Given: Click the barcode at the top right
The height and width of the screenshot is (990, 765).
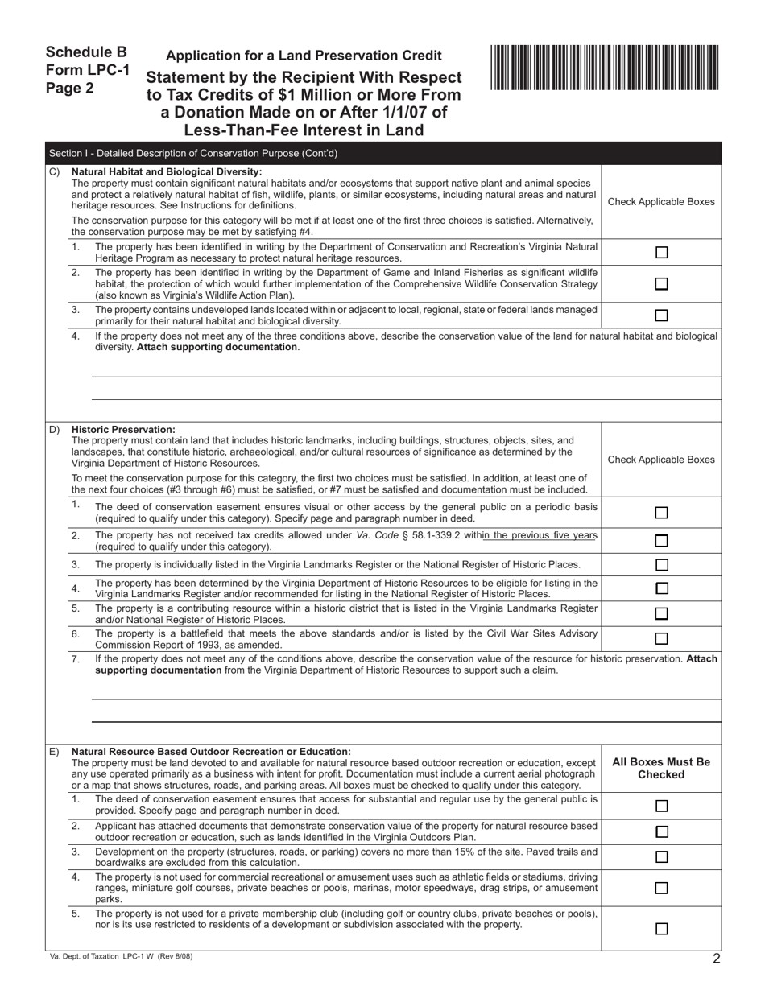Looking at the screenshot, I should (x=605, y=68).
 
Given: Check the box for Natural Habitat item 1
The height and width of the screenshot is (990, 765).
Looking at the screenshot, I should (x=661, y=252).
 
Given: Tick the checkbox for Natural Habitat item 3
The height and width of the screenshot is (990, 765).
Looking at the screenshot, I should (x=661, y=316).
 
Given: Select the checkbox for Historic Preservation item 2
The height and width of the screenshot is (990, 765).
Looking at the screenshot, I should (x=661, y=541).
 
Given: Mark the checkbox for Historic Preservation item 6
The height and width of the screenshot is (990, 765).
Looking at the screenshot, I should (x=661, y=639).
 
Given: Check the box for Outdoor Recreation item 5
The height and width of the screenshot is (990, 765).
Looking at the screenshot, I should (x=661, y=929).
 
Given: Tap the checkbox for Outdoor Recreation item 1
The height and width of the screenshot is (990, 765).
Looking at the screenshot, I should (x=661, y=806).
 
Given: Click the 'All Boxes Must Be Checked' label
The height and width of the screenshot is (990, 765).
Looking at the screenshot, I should (x=661, y=768).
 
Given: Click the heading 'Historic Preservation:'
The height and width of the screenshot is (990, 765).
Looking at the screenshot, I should (x=123, y=429).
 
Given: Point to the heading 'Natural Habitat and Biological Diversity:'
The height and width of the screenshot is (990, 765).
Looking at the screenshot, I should (x=167, y=171).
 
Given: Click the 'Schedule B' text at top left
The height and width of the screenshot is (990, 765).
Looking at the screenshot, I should (x=86, y=52).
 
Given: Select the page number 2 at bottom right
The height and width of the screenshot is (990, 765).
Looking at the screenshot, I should (x=716, y=958).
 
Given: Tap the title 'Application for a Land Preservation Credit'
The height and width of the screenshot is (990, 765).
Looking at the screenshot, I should (x=304, y=56).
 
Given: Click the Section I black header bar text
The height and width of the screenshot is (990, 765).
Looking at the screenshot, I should (x=193, y=153).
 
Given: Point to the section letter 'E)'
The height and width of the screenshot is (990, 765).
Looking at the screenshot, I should (x=55, y=752).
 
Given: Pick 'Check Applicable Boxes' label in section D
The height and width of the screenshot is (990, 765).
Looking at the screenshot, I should (x=661, y=460).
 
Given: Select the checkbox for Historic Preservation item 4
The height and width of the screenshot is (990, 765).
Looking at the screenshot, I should (x=661, y=588).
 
